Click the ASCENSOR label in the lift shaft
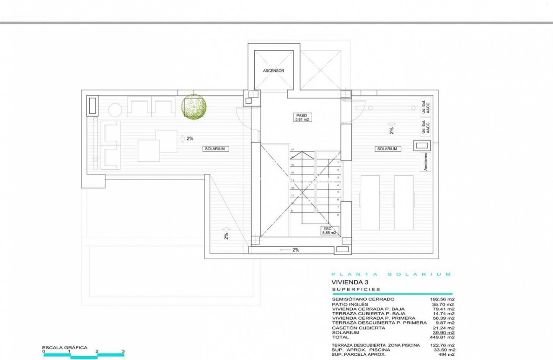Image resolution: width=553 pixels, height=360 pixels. pyautogui.click(x=273, y=71)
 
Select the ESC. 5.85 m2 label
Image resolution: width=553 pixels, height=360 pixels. pyautogui.click(x=328, y=230)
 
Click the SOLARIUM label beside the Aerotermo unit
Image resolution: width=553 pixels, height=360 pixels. pyautogui.click(x=387, y=149)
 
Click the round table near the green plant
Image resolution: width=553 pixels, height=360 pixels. pyautogui.click(x=115, y=110)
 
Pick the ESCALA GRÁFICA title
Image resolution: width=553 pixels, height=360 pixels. pyautogui.click(x=65, y=347)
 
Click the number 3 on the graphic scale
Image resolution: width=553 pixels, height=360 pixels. pyautogui.click(x=123, y=351)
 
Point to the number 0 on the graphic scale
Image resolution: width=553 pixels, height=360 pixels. pyautogui.click(x=44, y=351)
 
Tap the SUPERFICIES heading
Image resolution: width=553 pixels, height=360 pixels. pyautogui.click(x=356, y=289)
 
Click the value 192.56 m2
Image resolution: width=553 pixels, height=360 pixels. pyautogui.click(x=443, y=300)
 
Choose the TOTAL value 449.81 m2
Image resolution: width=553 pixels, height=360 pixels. pyautogui.click(x=443, y=337)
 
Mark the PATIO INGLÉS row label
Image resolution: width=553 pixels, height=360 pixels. pyautogui.click(x=350, y=304)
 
